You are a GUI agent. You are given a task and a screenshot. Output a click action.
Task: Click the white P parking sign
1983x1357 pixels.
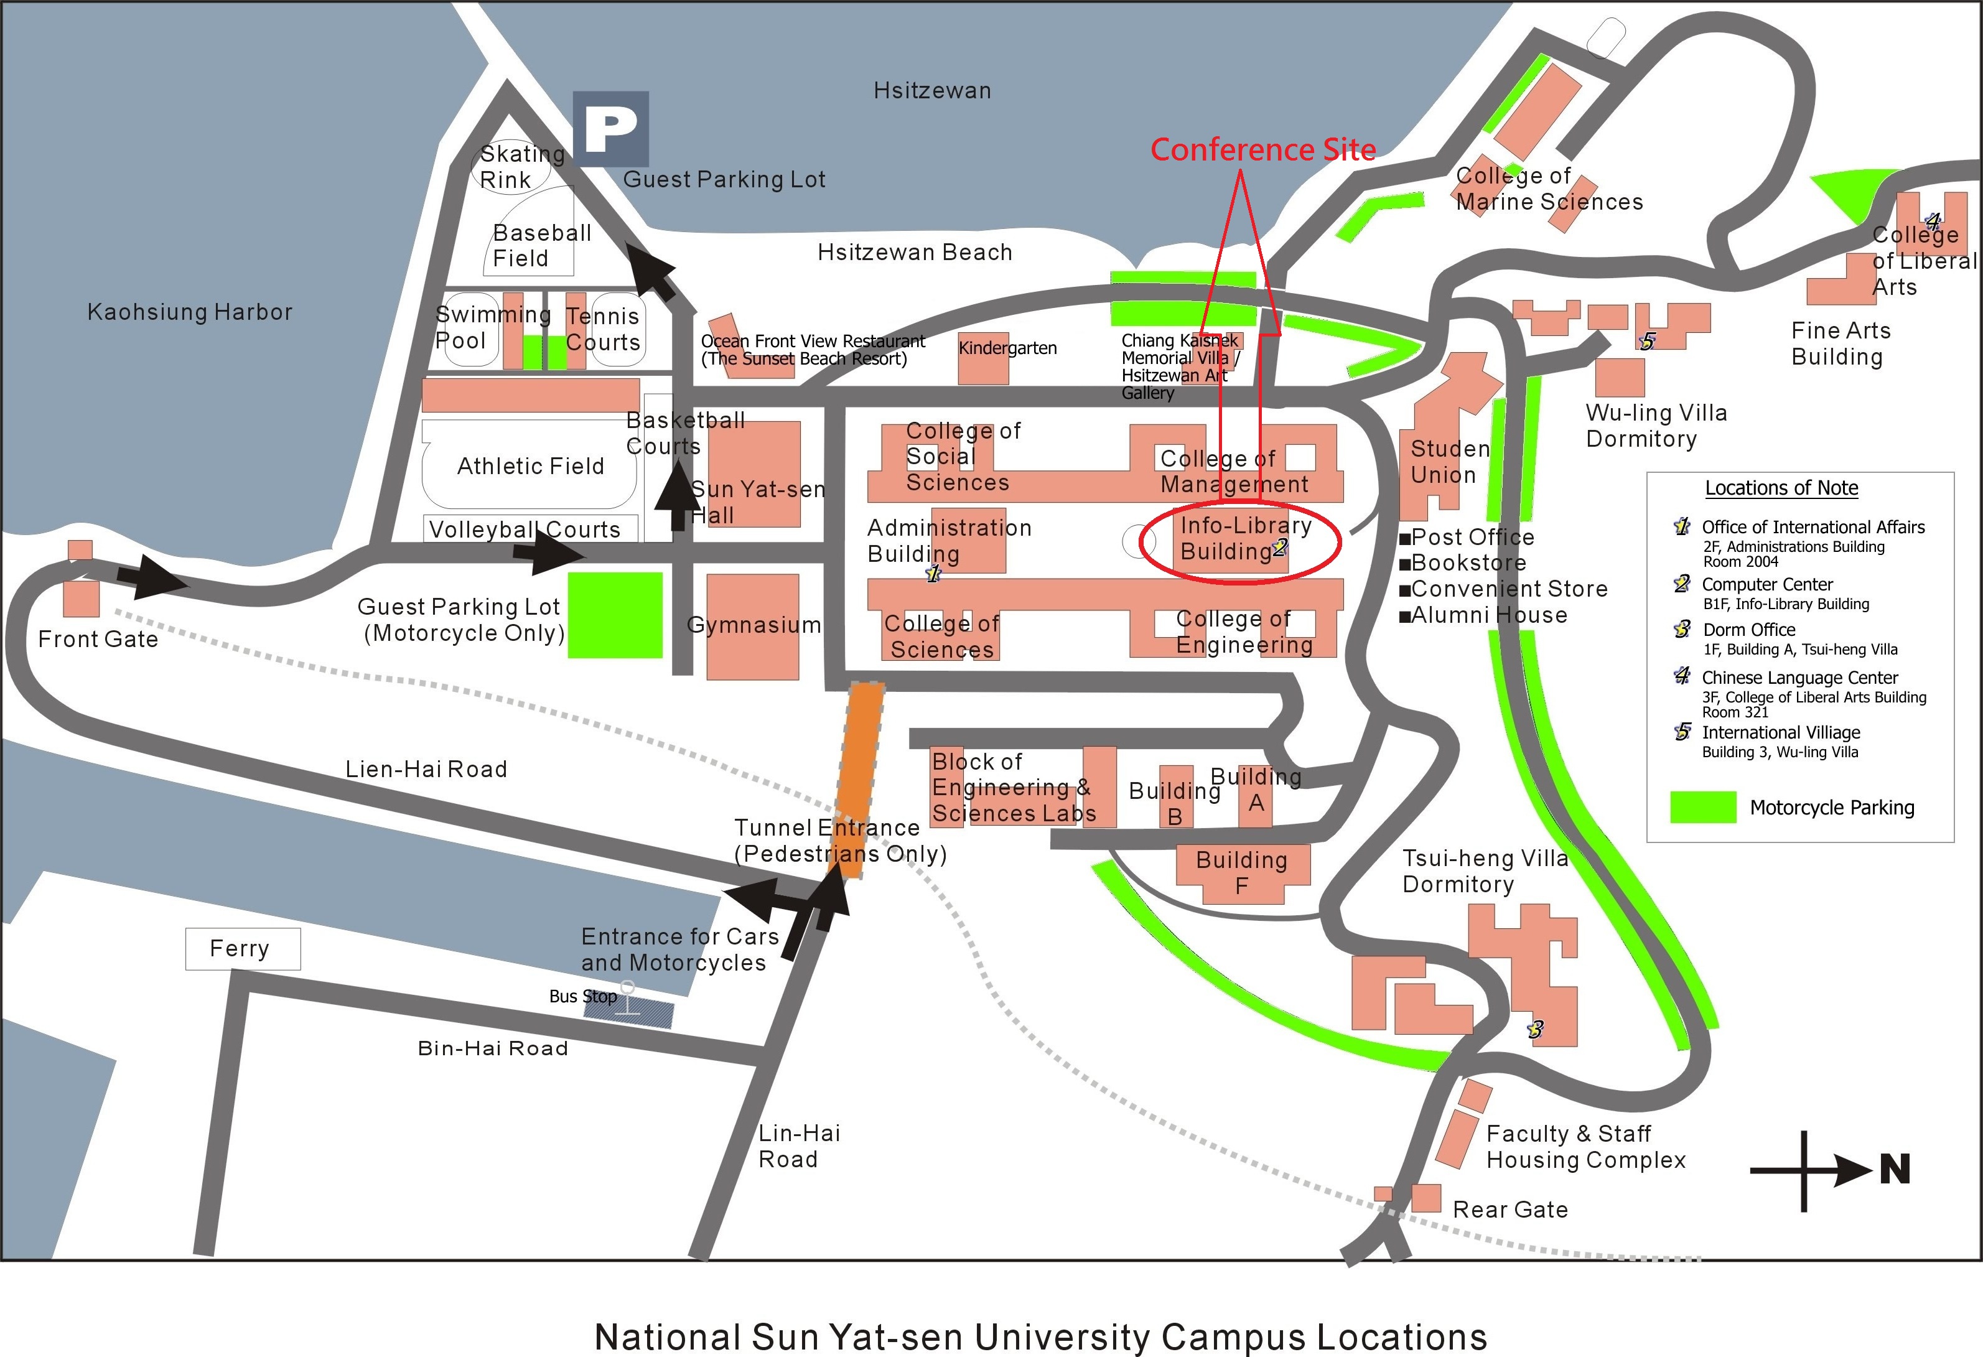click(610, 129)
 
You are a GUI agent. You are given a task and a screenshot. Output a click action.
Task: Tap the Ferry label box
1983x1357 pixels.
click(242, 948)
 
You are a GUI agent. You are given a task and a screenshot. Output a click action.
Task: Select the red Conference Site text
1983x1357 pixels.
click(1263, 149)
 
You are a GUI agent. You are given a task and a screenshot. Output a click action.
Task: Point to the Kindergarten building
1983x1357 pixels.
click(983, 358)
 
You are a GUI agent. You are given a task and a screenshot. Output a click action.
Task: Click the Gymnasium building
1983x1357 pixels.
click(753, 627)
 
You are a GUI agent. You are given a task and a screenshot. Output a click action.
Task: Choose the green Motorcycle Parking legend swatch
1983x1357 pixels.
click(1703, 808)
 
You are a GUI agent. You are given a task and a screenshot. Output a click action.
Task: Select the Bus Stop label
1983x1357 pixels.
click(583, 996)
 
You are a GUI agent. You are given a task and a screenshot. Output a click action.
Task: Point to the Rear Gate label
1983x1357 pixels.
click(1510, 1210)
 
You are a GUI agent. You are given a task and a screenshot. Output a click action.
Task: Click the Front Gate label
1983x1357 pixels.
click(98, 639)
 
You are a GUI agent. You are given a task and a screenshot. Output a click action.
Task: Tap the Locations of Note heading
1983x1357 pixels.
click(1781, 488)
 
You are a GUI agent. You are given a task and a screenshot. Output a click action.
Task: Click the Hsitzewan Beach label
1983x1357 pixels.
click(915, 253)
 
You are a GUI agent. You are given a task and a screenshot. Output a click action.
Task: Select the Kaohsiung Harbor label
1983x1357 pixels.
click(189, 312)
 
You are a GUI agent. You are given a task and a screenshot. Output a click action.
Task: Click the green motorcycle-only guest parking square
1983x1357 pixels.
click(615, 615)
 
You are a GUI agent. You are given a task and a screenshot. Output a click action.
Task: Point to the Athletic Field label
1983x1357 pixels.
click(530, 466)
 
